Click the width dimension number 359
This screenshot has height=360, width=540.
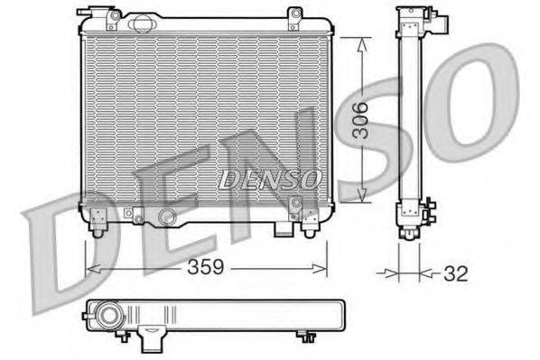point(206,269)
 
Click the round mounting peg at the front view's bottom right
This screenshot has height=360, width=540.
point(310,230)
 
